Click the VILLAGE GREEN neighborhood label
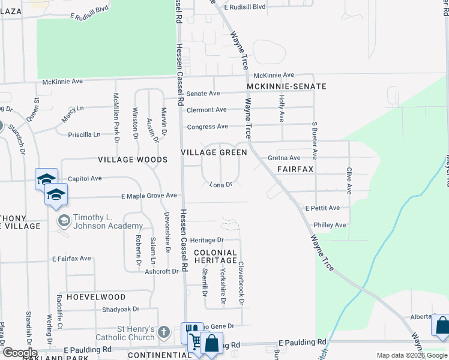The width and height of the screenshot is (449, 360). tap(214, 153)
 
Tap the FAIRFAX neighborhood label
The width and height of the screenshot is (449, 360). tap(295, 170)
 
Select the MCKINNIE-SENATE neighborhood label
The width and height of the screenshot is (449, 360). tap(287, 86)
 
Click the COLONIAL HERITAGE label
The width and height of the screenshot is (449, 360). tap(215, 256)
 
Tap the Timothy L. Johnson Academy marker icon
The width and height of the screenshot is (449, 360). tap(64, 221)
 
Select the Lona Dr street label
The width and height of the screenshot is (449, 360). tap(221, 185)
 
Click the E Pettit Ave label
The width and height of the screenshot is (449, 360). tap(322, 208)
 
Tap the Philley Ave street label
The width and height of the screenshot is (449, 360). tap(330, 225)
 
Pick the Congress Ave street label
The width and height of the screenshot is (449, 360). tap(207, 127)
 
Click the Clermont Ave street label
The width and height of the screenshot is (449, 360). tap(206, 110)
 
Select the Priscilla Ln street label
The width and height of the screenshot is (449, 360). tap(84, 134)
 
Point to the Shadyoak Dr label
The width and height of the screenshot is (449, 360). tap(120, 310)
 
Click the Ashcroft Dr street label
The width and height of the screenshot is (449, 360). tap(162, 271)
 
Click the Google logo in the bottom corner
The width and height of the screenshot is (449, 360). tap(19, 353)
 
